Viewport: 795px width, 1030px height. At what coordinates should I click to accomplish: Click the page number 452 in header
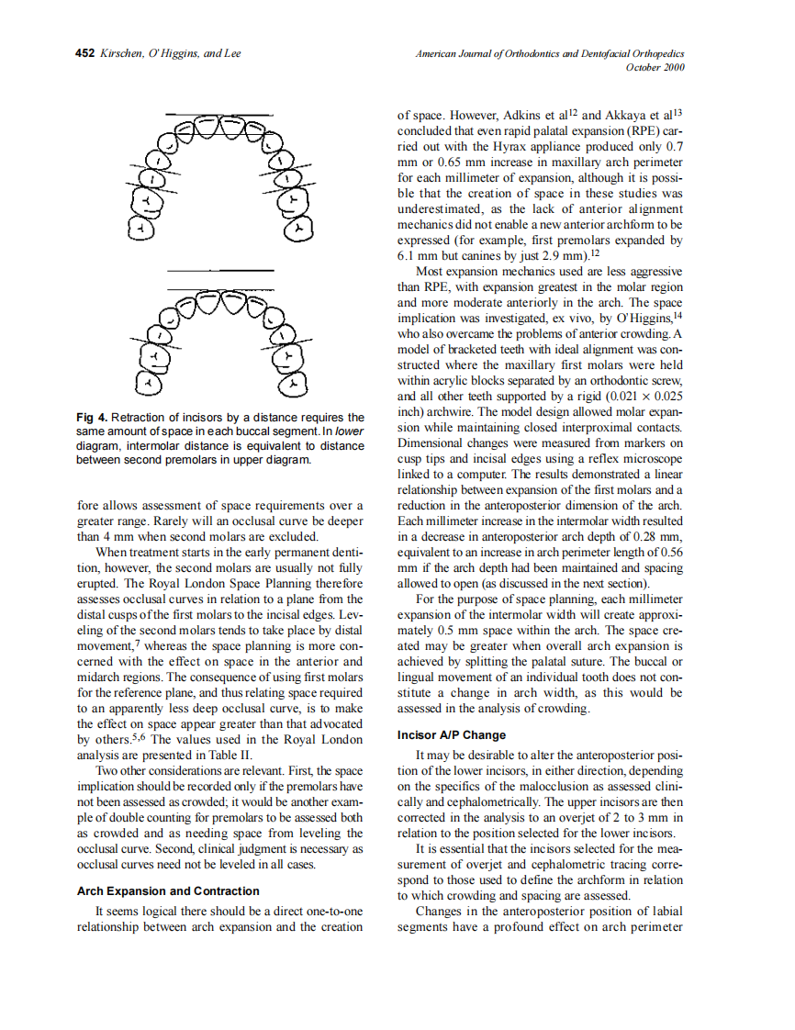[84, 54]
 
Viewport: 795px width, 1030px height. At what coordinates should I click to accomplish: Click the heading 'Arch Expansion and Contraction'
[168, 891]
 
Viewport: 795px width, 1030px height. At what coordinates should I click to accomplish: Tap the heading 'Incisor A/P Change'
[452, 735]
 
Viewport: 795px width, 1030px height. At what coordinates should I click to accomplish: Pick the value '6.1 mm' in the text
[418, 256]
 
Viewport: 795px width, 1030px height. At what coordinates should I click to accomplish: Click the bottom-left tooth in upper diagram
[140, 230]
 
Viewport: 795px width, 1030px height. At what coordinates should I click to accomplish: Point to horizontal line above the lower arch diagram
[220, 271]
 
